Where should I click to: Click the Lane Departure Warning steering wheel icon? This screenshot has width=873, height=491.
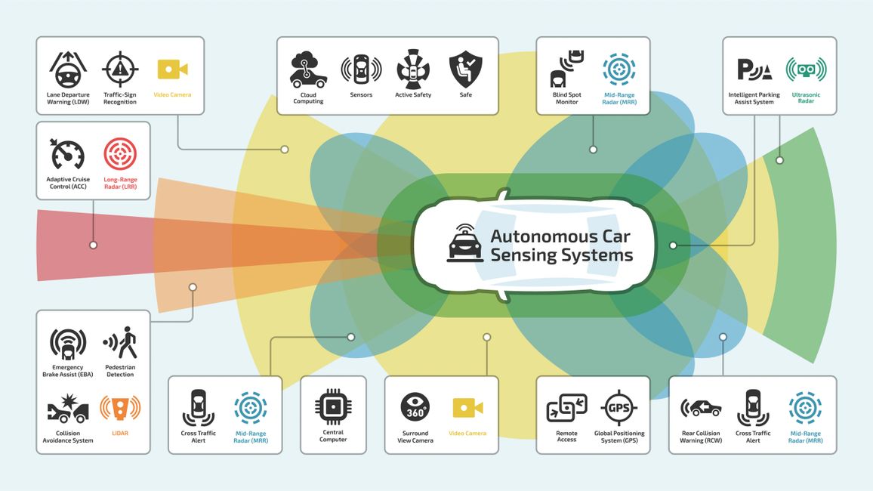coord(68,69)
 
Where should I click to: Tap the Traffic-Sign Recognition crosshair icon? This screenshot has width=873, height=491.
coord(120,69)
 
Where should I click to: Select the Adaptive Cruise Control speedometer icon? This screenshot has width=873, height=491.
coord(68,154)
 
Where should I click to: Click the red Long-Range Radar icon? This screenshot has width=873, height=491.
coord(120,154)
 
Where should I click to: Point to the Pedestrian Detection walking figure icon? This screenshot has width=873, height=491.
coord(120,344)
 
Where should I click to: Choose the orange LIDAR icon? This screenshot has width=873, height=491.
coord(120,410)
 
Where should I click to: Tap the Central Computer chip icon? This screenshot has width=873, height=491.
coord(333,407)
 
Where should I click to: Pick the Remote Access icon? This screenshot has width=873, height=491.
coord(566,408)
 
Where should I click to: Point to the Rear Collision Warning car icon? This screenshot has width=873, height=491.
coord(701,408)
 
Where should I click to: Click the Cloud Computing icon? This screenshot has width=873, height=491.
coord(308,69)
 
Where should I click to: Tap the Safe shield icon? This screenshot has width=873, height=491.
coord(465,69)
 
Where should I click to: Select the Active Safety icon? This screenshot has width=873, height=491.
coord(413,69)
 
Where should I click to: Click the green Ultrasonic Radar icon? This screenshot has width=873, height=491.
coord(806,69)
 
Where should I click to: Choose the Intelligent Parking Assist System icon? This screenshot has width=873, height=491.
coord(754,69)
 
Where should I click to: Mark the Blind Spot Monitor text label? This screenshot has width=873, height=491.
coord(566,98)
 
